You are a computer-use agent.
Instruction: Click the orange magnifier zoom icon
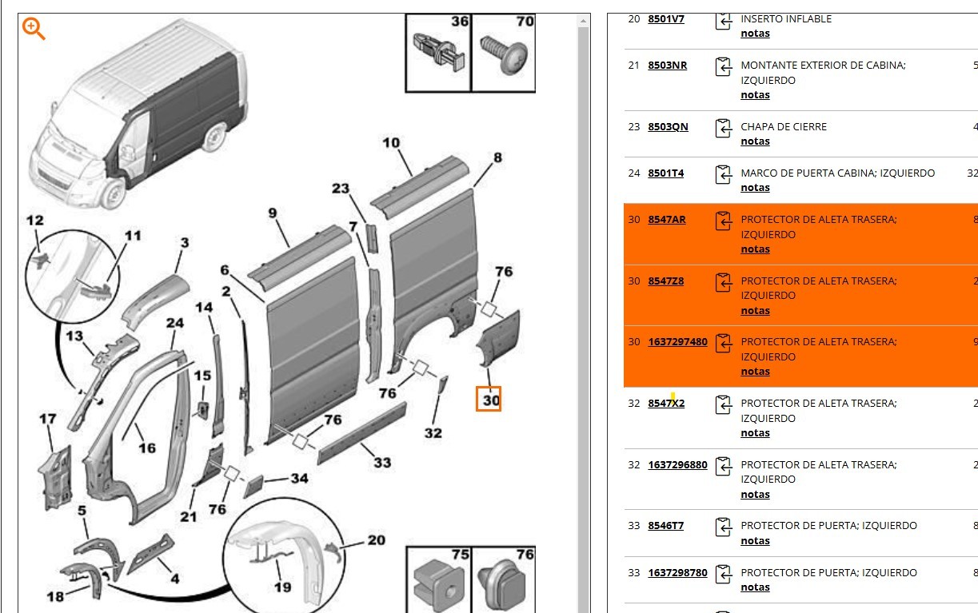click(x=34, y=29)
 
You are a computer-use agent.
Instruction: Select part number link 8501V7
click(x=665, y=18)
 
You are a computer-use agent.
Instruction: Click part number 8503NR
click(x=667, y=66)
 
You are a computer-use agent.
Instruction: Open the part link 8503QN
click(x=668, y=127)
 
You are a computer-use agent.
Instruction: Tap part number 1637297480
click(x=677, y=342)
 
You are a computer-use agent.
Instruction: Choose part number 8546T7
click(x=665, y=526)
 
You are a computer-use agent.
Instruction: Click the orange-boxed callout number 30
click(x=489, y=399)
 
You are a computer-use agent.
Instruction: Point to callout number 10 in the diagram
click(x=391, y=144)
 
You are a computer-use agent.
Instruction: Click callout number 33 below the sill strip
click(x=382, y=462)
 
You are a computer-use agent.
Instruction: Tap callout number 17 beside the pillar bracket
click(x=48, y=419)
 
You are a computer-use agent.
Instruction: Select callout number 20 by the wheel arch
click(x=376, y=540)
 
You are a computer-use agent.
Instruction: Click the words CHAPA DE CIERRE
click(x=784, y=127)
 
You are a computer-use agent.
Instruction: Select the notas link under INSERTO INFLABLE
click(x=755, y=34)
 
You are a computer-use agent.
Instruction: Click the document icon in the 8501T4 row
click(x=723, y=173)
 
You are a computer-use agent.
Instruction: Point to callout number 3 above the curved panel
click(x=184, y=242)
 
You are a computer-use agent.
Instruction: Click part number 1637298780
click(x=677, y=573)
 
